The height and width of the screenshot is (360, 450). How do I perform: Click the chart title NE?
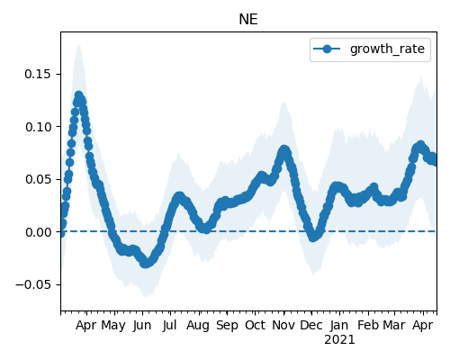pos(248,20)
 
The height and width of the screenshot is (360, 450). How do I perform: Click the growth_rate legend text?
pos(387,49)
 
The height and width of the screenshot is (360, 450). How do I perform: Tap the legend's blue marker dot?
pos(327,49)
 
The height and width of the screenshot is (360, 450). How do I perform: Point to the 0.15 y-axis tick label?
pos(38,74)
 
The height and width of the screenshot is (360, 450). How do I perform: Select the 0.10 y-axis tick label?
pos(38,127)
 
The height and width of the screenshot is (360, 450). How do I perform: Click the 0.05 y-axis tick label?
pos(38,179)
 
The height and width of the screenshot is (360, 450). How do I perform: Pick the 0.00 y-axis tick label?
pos(38,232)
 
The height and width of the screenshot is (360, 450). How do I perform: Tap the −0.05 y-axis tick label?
pos(33,284)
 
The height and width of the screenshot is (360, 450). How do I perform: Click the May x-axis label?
pos(113,325)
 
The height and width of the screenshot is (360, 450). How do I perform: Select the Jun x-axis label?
pos(142,325)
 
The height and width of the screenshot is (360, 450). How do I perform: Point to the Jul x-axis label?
pos(170,325)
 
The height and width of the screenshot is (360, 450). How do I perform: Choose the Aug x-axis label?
pos(198,326)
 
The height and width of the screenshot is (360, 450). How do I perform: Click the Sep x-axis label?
pos(227,326)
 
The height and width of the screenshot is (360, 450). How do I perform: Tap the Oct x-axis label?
pos(255,325)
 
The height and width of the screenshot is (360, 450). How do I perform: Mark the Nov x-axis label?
pos(283,325)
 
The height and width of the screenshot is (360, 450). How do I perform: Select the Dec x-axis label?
pos(311,325)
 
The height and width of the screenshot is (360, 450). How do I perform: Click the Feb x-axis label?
pos(368,325)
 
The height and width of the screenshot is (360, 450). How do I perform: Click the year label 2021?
pos(339,340)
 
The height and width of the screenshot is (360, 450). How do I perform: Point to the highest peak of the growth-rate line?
pos(78,95)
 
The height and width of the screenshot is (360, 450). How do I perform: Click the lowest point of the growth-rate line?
pos(145,264)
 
